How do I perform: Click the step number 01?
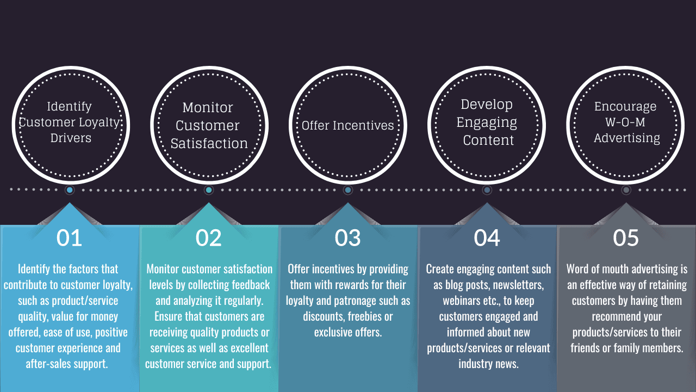point(69,238)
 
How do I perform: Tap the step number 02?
point(208,238)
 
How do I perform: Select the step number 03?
point(347,238)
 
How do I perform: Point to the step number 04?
point(487,238)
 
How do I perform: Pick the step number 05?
point(626,238)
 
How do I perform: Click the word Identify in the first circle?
point(69,107)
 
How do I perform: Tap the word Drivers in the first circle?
point(71,138)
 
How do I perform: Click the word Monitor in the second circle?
point(208,108)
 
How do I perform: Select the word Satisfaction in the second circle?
point(209,143)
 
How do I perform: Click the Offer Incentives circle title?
point(347,125)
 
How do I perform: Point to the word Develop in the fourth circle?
point(487,105)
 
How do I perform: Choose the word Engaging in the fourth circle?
point(487,122)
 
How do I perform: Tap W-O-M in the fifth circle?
point(625,122)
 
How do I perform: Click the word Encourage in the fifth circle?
point(625,107)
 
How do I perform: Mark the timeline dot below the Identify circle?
point(70,190)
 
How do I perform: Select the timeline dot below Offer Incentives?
point(347,190)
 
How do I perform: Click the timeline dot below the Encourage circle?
point(626,190)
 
